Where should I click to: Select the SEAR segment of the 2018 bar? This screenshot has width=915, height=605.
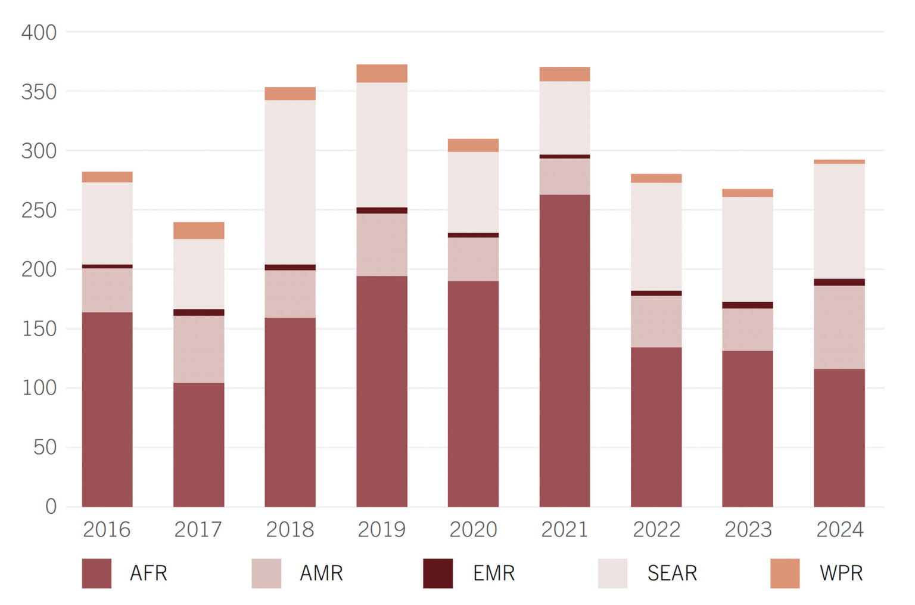[x=290, y=182]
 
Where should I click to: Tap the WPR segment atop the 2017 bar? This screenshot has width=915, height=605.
[x=198, y=231]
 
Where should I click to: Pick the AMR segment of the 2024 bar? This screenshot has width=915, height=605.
[x=839, y=327]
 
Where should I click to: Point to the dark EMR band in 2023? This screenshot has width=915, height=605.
[x=747, y=305]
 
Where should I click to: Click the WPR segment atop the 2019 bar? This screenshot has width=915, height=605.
[x=382, y=73]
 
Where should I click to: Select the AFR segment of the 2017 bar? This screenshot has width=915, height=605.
[x=198, y=445]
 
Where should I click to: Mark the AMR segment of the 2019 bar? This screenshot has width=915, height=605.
[x=382, y=244]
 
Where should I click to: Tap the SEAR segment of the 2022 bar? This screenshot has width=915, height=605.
[x=656, y=237]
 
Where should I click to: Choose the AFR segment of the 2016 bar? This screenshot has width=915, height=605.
[x=107, y=409]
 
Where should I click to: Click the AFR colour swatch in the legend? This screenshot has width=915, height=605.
[x=97, y=573]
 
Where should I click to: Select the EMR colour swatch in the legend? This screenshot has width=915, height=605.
[x=438, y=573]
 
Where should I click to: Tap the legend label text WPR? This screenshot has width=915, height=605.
[x=841, y=573]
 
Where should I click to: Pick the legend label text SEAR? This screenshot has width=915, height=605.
[x=672, y=573]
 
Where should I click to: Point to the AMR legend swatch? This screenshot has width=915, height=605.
[x=266, y=573]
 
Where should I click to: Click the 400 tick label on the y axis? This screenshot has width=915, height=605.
[x=39, y=32]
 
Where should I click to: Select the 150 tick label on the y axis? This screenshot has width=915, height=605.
[x=39, y=328]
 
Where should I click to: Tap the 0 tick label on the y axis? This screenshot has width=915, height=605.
[x=51, y=507]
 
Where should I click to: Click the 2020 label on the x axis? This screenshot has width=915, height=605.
[x=473, y=529]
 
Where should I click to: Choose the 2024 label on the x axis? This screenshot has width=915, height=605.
[x=839, y=529]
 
